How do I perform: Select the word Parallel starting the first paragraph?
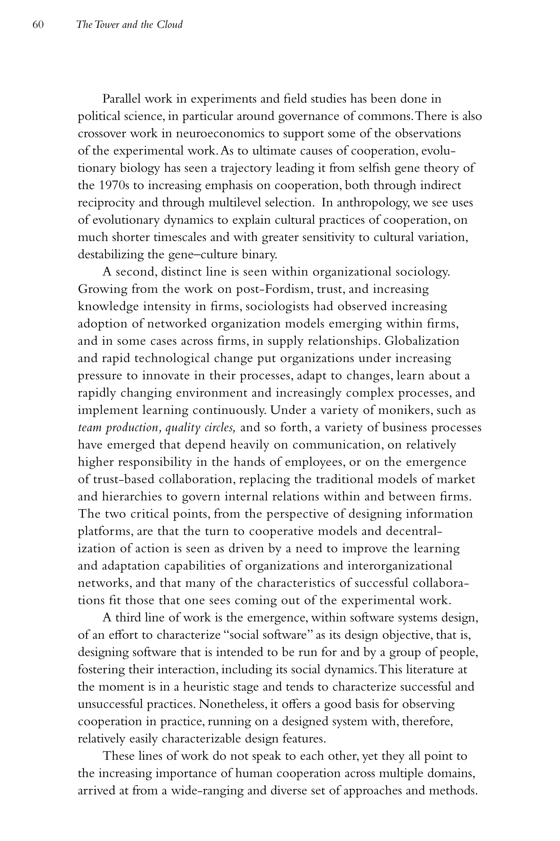121,99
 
